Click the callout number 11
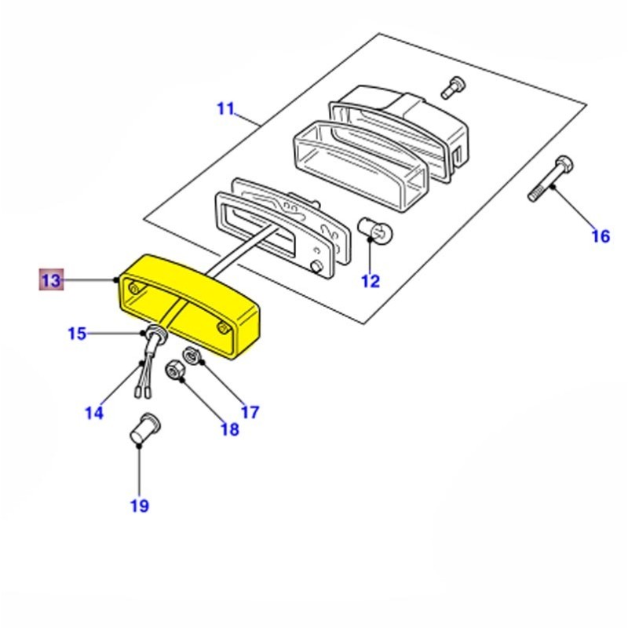225,108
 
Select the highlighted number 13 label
51,280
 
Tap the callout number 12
370,281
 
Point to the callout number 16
600,235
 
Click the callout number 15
76,334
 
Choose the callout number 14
93,412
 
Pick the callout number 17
249,411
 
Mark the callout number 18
228,429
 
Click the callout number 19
139,506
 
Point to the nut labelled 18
174,367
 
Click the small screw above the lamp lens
451,87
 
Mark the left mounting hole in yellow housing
133,290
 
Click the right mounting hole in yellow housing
225,326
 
